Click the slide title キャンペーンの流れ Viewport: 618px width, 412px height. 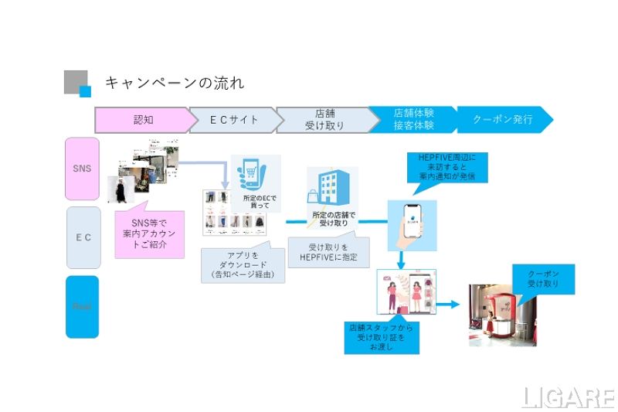175,82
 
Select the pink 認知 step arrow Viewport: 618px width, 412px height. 144,120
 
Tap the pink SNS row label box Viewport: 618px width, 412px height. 83,168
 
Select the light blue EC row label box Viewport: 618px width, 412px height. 83,237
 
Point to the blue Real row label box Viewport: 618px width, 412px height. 83,306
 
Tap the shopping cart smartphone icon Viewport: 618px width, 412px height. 256,183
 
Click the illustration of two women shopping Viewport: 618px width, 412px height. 406,292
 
